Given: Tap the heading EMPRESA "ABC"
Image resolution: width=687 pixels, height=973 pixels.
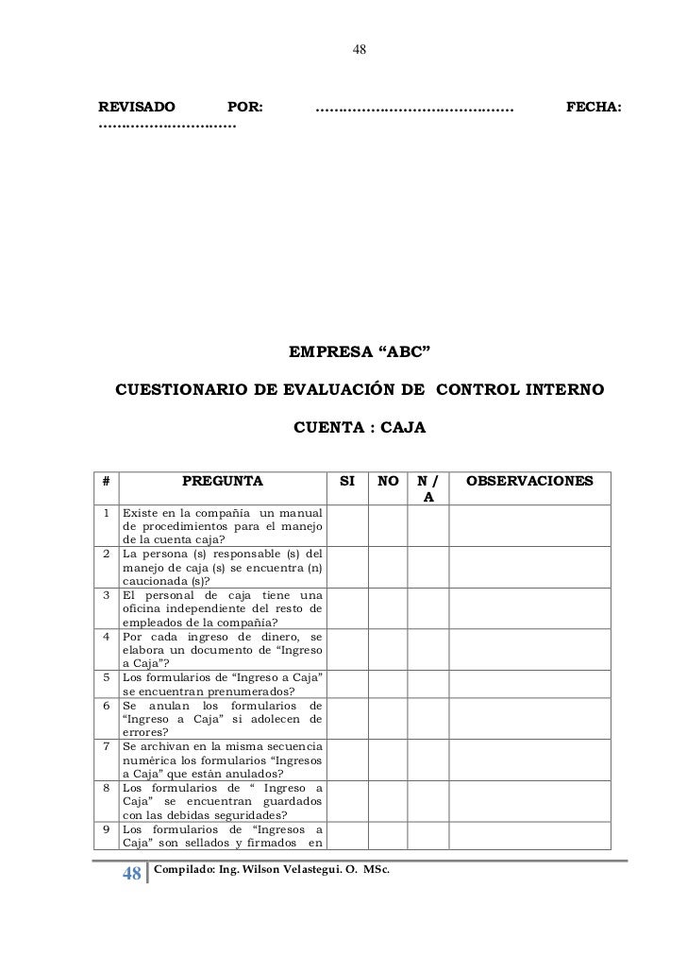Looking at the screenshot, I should coord(360,353).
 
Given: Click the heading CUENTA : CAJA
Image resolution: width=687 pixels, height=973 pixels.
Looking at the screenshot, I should coord(360,428).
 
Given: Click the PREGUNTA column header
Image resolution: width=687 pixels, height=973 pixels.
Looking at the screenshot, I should coord(223,482).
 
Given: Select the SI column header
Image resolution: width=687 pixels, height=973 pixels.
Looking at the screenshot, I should coord(347,482).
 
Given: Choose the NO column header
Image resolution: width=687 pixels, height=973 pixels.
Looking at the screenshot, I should coord(387,482).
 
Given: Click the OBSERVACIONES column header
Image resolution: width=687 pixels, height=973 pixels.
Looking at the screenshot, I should coord(530,482).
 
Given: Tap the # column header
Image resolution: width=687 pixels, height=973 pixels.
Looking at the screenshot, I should coord(107,482).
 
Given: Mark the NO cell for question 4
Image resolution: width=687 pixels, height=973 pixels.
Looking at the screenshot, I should coord(387,650).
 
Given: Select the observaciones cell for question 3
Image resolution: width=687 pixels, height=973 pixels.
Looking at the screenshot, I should coord(530,608).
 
